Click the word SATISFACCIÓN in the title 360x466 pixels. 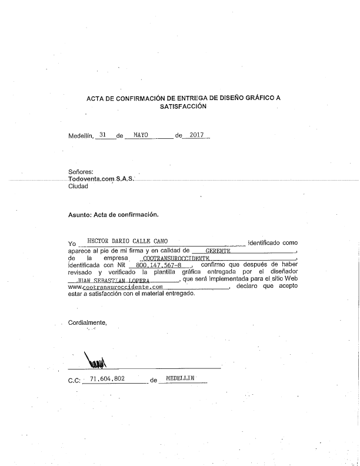183,107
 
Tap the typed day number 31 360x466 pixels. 104,135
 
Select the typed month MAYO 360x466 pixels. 141,135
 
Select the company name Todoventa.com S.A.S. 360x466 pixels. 101,179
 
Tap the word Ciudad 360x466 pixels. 78,186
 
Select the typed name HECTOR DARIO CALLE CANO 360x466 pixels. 127,241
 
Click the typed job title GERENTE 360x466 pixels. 217,250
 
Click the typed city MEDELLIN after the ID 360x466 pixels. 180,380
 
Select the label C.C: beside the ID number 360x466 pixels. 74,381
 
